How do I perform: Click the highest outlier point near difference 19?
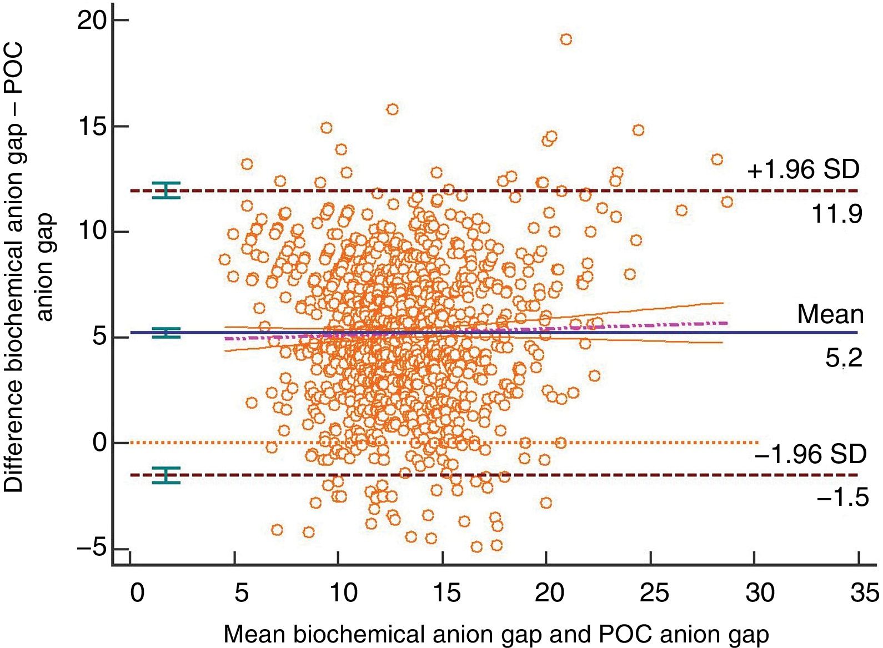tap(566, 39)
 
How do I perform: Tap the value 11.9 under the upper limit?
tap(837, 214)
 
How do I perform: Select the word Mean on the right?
tap(830, 314)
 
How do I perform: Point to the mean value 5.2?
tap(844, 358)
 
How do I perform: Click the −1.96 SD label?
tap(810, 455)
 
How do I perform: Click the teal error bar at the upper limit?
tap(167, 190)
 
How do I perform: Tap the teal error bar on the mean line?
tap(167, 333)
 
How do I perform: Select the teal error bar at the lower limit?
tap(167, 475)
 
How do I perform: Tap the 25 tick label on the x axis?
tap(654, 593)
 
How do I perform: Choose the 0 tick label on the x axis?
tap(137, 593)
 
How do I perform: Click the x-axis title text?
tap(496, 634)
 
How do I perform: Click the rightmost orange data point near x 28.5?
tap(727, 202)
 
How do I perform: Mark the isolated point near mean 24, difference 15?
tap(638, 130)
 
